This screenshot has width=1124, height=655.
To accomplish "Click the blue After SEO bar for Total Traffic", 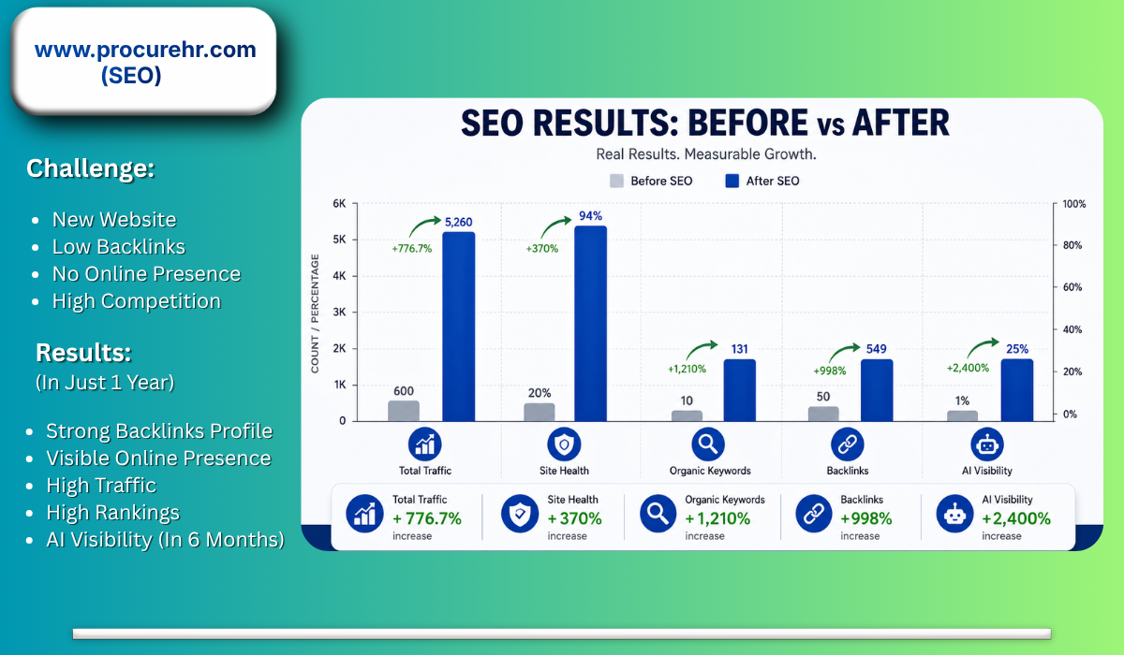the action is click(x=459, y=327).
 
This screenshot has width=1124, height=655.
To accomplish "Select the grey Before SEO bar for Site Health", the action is click(x=540, y=412).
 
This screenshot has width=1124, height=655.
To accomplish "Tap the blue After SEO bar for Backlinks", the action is click(x=877, y=390).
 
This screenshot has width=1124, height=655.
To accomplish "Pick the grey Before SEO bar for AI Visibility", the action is click(x=963, y=416).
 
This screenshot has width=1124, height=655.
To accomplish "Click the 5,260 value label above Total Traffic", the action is click(x=459, y=222).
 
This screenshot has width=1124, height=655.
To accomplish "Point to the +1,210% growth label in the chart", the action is click(x=687, y=369).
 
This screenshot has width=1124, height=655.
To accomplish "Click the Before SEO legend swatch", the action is click(x=616, y=181).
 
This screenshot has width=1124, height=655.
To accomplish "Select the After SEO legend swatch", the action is click(x=732, y=181).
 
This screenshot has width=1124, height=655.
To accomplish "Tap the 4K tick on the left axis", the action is click(x=339, y=276).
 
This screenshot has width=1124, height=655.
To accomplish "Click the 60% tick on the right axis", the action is click(x=1072, y=287).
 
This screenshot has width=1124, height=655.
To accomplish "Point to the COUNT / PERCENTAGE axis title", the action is click(x=315, y=313).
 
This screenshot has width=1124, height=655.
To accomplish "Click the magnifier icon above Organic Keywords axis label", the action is click(x=708, y=444).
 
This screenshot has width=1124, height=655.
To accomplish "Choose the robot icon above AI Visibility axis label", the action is click(x=987, y=444).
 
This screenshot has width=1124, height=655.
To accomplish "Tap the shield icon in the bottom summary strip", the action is click(x=520, y=514).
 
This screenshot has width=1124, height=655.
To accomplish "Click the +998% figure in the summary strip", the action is click(x=866, y=518).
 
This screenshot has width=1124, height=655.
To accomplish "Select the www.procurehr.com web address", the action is click(x=145, y=50).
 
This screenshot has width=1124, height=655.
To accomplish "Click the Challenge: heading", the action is click(x=90, y=168).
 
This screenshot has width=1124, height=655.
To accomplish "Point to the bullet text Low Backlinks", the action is click(x=118, y=247).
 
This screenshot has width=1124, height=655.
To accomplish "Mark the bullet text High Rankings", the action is click(x=113, y=513).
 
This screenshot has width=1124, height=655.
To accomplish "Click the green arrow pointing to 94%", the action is click(x=554, y=226).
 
